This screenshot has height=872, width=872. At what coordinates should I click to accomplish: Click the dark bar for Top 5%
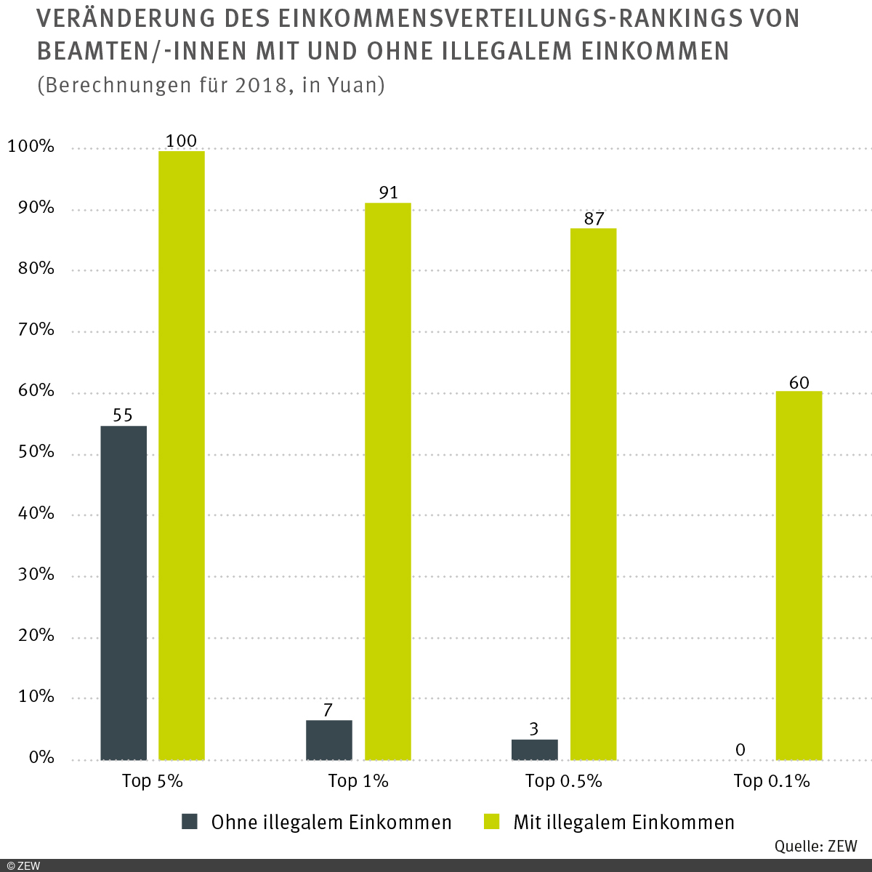point(124,592)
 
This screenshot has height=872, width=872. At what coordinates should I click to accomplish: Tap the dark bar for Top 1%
point(329,740)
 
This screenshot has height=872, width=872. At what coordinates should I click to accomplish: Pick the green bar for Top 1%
point(387,481)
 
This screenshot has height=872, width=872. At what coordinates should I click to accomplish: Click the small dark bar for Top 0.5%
point(535,749)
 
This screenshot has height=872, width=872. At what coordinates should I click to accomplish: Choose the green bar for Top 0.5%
point(593,494)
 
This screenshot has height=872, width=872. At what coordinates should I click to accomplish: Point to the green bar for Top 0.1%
point(799,576)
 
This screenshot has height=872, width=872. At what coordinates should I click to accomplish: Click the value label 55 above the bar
point(123,416)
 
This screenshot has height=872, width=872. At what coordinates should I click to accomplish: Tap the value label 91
point(388,193)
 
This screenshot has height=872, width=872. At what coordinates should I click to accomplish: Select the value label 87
point(594,218)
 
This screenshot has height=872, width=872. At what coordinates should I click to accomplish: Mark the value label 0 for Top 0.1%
point(740,749)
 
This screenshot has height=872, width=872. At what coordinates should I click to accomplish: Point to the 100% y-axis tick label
point(31,147)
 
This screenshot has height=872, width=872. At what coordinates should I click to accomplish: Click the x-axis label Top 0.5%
point(563,781)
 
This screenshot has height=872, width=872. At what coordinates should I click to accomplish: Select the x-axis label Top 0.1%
point(771,781)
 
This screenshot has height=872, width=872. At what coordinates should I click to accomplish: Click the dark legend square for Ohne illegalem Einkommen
point(190,822)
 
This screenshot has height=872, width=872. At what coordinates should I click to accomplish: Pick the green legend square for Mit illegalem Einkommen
point(493,822)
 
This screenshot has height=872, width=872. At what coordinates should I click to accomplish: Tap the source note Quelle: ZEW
point(815,846)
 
